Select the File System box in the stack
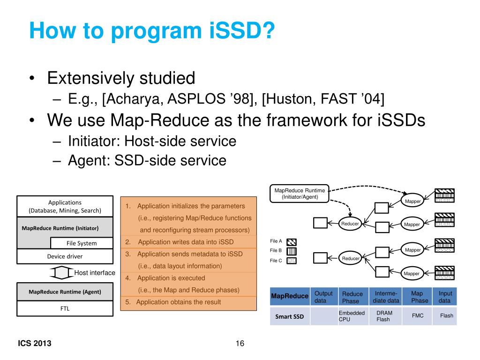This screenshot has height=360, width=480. tap(82, 243)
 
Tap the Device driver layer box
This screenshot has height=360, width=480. tap(65, 256)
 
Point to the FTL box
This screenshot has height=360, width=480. tap(65, 308)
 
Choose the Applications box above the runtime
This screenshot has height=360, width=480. tap(65, 206)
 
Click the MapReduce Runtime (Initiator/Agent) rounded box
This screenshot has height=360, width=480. tap(299, 194)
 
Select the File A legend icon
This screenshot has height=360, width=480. tap(292, 242)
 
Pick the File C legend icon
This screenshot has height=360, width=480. tap(292, 261)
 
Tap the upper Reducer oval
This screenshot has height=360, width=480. tap(350, 224)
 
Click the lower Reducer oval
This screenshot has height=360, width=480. tap(351, 258)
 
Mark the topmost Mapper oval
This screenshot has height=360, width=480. tap(412, 201)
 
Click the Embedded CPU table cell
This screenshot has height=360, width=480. tap(352, 316)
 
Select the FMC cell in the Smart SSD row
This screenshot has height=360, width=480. tap(418, 315)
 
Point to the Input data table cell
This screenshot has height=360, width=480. tap(445, 297)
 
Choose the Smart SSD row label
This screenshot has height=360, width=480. tap(289, 316)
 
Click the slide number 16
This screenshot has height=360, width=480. tap(240, 344)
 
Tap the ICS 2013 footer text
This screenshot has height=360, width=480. tap(35, 344)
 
